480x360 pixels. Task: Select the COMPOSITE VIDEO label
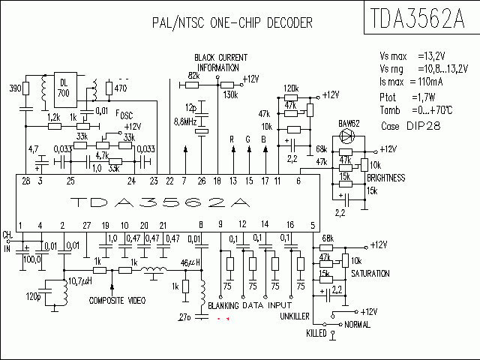click(x=116, y=300)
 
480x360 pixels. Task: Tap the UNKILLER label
click(x=295, y=316)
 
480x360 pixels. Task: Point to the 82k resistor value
click(x=193, y=76)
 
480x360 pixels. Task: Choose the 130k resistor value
click(x=230, y=95)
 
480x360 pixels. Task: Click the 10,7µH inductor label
click(x=79, y=281)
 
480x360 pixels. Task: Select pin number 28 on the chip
click(x=26, y=181)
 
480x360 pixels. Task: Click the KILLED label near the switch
click(x=316, y=332)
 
